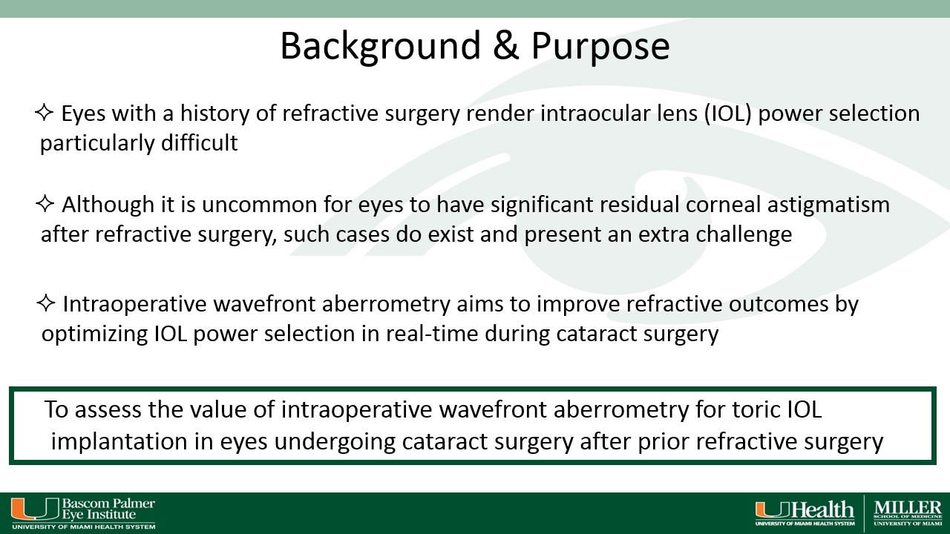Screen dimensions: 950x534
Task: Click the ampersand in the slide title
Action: pos(506,45)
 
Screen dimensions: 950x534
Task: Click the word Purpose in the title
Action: pos(600,47)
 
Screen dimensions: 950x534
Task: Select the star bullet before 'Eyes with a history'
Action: pos(44,113)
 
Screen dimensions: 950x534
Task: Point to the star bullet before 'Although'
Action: pos(45,204)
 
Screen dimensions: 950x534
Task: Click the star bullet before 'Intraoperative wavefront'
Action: pos(46,303)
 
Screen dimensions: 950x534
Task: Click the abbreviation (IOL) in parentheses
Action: pos(728,113)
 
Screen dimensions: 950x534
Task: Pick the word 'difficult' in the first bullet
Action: pos(200,142)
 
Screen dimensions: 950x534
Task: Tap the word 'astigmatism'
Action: pos(828,206)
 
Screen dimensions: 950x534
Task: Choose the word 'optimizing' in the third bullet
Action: pos(94,334)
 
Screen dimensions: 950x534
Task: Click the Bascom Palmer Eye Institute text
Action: pos(108,509)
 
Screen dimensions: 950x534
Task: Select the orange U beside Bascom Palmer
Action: pos(35,509)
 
